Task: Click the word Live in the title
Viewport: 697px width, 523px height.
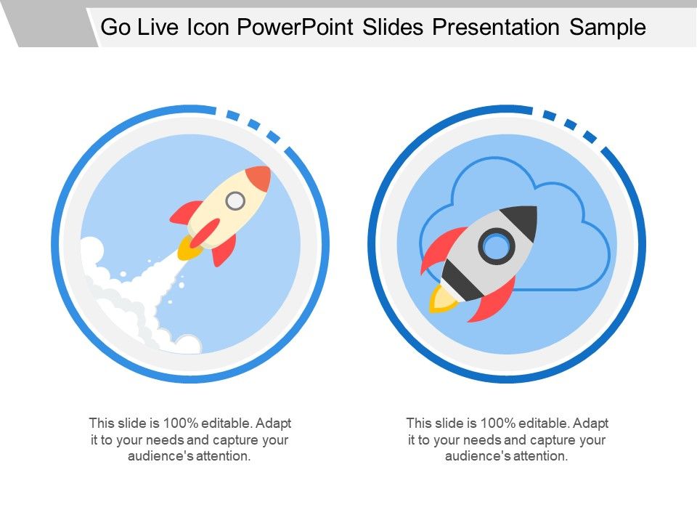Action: coord(162,28)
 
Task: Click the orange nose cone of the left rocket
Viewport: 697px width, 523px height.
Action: coord(258,179)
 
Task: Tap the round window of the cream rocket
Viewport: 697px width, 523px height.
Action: coord(235,200)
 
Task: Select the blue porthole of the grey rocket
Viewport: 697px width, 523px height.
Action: coord(497,246)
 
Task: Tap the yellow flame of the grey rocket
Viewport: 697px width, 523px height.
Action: coord(442,299)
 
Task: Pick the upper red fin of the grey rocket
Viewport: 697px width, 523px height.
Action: coord(441,247)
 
